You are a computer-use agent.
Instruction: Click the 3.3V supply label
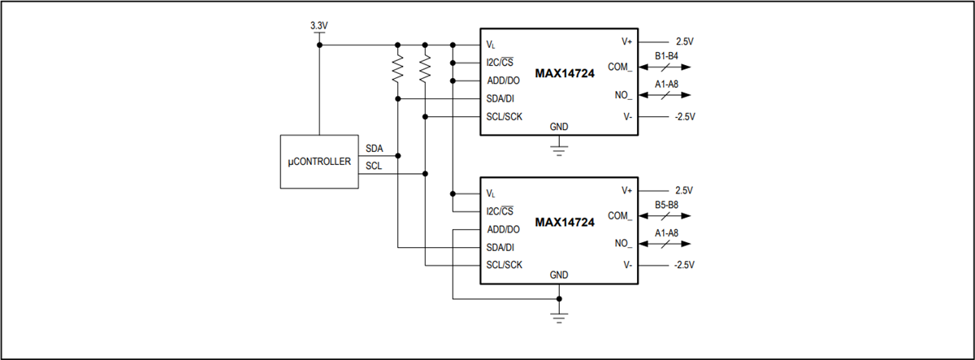pos(318,26)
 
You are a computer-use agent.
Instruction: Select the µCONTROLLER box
pos(319,162)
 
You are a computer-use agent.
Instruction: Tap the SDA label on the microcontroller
pos(375,149)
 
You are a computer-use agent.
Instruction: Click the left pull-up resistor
pos(397,71)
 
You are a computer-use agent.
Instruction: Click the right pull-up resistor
pos(425,71)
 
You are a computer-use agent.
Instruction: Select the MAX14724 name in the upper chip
pos(565,73)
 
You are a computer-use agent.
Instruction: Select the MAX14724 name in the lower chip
pos(565,222)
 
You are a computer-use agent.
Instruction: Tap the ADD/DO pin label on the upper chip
pos(503,80)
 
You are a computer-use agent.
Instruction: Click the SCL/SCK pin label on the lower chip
pos(504,265)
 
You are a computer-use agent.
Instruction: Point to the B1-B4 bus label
pos(666,55)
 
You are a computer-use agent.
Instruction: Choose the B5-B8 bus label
pos(666,205)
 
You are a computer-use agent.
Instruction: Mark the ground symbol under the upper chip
pos(558,149)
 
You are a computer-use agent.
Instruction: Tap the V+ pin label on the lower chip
pos(626,190)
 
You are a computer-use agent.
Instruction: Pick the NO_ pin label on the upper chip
pos(623,95)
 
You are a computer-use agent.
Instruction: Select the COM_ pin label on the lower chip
pos(620,216)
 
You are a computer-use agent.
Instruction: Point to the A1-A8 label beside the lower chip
pos(666,232)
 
